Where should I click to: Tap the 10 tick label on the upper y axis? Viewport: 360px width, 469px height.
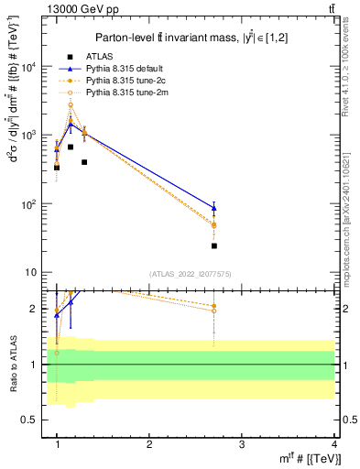[31, 272]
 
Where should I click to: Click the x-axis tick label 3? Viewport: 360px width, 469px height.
[241, 445]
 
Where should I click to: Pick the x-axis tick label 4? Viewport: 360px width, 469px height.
[333, 445]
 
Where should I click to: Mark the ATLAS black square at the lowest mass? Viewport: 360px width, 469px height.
[57, 168]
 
